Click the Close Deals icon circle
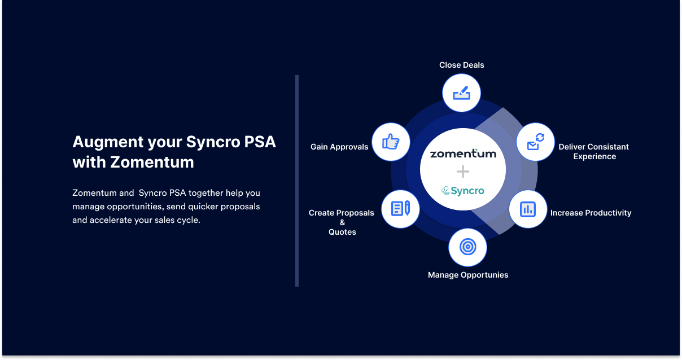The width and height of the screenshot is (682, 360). click(461, 93)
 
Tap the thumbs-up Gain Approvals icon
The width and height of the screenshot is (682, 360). click(391, 142)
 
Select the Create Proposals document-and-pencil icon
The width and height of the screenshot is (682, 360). click(400, 209)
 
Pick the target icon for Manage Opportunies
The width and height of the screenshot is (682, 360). click(467, 247)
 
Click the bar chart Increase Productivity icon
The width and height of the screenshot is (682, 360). click(528, 209)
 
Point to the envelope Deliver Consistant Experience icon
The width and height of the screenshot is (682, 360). click(535, 142)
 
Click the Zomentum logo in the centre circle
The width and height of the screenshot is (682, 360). click(463, 153)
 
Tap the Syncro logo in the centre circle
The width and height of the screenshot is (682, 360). click(463, 191)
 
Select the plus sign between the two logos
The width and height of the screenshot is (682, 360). click(463, 172)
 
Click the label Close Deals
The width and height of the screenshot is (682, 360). click(461, 65)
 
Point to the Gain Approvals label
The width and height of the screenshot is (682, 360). click(339, 147)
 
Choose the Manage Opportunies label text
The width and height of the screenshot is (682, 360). click(468, 275)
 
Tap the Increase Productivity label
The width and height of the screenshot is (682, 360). click(591, 213)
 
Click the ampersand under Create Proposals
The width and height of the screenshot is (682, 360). click(342, 222)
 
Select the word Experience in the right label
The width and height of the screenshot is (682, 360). click(594, 156)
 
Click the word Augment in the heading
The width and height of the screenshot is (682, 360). click(107, 142)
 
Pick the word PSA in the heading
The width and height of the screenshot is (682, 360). click(259, 142)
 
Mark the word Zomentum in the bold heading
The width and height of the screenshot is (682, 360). click(152, 163)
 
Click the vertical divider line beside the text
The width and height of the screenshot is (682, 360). click(296, 181)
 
